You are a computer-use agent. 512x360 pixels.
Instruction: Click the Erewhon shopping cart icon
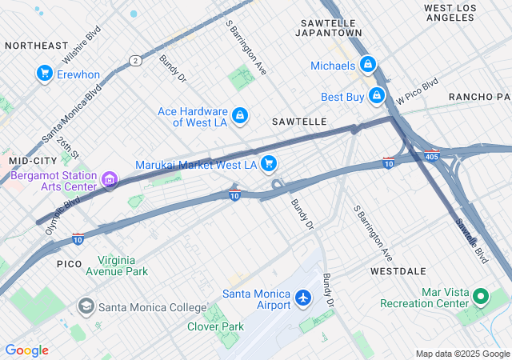[x=44, y=74]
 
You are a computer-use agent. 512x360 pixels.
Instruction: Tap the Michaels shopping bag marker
[x=367, y=64]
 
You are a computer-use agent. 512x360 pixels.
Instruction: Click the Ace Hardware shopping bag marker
[x=239, y=117]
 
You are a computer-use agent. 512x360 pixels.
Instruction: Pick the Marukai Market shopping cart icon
[x=269, y=164]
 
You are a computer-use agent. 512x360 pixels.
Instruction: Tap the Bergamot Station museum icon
[x=110, y=182]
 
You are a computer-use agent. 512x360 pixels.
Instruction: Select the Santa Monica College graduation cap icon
[x=86, y=306]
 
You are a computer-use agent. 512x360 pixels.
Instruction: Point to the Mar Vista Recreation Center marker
[x=481, y=298]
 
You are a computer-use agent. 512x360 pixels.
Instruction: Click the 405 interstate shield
[x=431, y=154]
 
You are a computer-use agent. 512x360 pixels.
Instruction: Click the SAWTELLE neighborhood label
[x=299, y=122]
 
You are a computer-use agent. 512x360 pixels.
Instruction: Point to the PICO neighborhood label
[x=70, y=263]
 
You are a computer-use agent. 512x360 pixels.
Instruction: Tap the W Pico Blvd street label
[x=418, y=91]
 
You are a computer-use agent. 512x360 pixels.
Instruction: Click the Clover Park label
[x=215, y=326]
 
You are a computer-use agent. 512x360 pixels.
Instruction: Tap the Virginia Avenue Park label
[x=123, y=266]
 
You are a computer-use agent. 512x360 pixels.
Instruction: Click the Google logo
[x=26, y=350]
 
